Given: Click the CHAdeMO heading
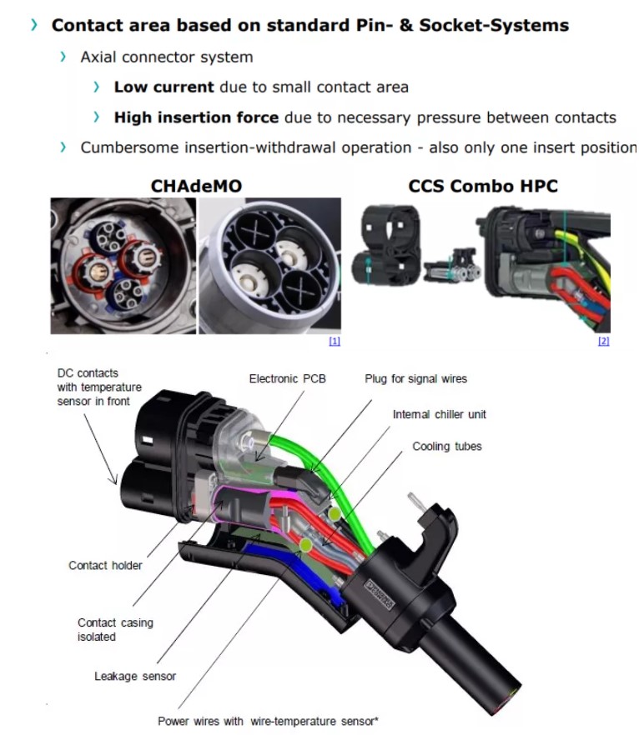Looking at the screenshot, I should coord(196,186).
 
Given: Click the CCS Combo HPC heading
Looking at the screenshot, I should coord(483,186).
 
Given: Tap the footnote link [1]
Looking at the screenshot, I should coord(335,341).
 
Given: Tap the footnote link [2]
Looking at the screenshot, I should coord(603,341).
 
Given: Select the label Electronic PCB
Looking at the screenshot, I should coord(287,379).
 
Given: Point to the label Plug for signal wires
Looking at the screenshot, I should coord(415,379).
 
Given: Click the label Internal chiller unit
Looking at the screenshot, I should coord(439,414).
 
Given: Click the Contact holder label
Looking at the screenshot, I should coord(105,566).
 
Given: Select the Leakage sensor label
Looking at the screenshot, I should coord(135,676).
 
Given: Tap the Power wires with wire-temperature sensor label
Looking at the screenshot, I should coord(268,721).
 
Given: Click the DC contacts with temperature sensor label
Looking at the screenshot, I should coord(99,387).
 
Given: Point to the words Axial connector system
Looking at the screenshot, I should coord(166,57).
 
